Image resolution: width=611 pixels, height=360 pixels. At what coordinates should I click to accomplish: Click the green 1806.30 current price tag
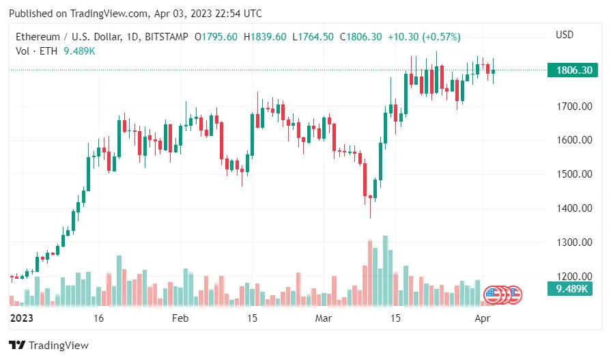[x=573, y=70]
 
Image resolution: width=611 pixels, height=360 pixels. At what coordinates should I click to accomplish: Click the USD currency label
[x=565, y=35]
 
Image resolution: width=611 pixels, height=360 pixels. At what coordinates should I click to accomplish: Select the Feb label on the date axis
[x=180, y=318]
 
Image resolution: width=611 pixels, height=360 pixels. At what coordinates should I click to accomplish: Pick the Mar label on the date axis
[x=323, y=318]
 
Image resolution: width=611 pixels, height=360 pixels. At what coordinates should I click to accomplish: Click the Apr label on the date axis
[x=482, y=318]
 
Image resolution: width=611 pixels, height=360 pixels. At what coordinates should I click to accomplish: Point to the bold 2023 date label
[x=23, y=318]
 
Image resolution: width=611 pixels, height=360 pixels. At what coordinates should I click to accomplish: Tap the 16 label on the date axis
[x=99, y=318]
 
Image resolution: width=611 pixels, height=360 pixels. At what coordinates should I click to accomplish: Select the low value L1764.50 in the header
[x=313, y=36]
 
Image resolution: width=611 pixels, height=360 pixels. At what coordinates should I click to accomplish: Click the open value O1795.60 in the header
[x=216, y=36]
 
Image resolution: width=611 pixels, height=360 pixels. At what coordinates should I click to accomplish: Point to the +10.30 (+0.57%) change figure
[x=424, y=36]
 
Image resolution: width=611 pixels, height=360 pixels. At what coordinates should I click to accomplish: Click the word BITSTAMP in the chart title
[x=168, y=36]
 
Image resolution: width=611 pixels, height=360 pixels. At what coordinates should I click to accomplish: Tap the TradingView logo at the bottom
[x=48, y=346]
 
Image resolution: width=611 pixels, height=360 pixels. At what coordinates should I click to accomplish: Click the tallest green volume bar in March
[x=385, y=270]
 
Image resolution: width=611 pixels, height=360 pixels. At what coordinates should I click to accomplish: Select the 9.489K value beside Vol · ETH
[x=81, y=51]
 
